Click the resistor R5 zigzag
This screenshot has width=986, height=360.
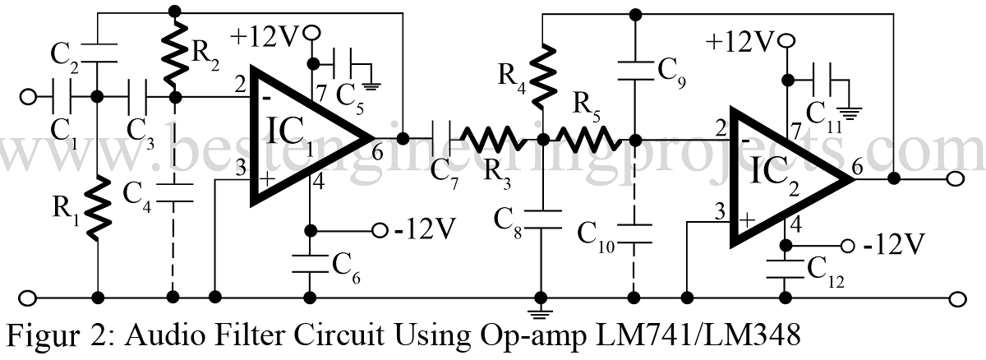pyautogui.click(x=588, y=138)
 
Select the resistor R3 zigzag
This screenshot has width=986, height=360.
pyautogui.click(x=493, y=137)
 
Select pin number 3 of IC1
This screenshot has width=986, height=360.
pyautogui.click(x=241, y=168)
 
